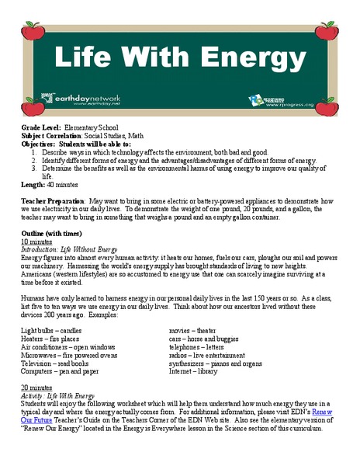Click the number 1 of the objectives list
[x=36, y=152]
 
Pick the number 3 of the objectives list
[x=36, y=168]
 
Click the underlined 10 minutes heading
[x=36, y=242]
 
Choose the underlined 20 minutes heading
[x=36, y=385]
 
